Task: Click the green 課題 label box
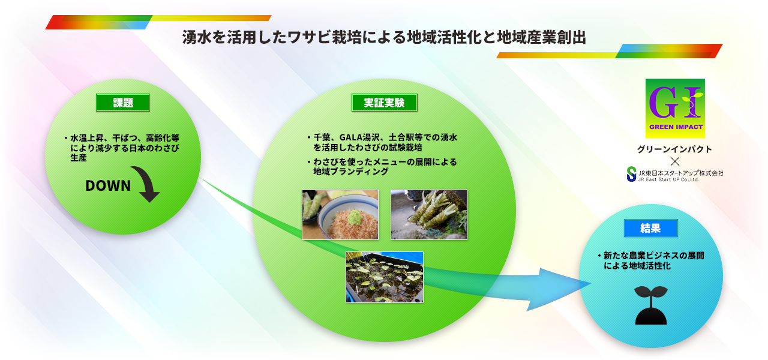[123, 103]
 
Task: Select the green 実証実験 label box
[385, 103]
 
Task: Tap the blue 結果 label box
[651, 228]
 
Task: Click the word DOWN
[108, 186]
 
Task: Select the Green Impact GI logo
[675, 109]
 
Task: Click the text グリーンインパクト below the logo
[675, 149]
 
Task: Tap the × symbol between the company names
[675, 161]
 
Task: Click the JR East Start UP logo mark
[632, 174]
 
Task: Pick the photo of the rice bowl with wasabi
[340, 215]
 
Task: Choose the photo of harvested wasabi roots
[429, 215]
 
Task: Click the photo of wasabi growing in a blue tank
[385, 277]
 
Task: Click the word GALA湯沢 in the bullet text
[359, 137]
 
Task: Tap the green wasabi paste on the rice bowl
[355, 217]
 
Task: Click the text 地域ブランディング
[351, 172]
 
